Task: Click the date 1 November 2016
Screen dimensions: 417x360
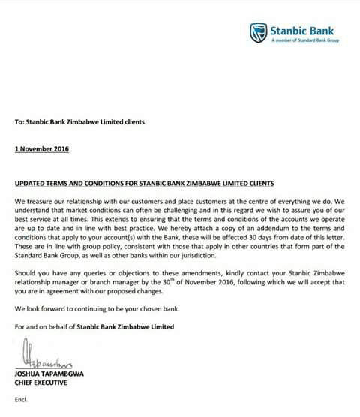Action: [41, 148]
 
